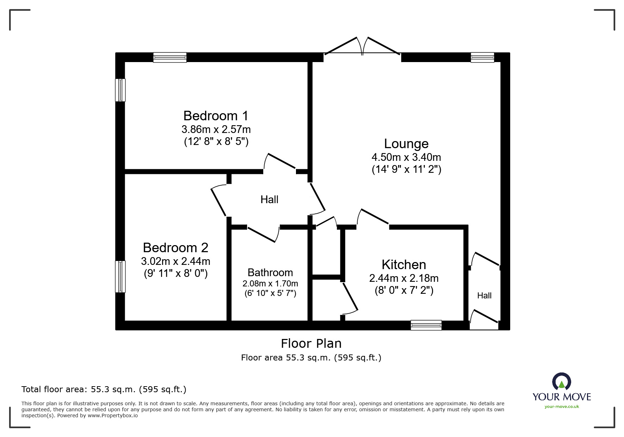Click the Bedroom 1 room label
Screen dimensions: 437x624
(216, 116)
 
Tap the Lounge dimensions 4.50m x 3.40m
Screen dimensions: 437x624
(406, 157)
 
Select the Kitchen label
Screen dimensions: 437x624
(404, 265)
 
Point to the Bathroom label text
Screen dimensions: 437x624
(270, 272)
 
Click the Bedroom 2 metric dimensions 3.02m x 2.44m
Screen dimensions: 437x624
(175, 261)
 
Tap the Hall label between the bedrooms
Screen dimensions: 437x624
(269, 200)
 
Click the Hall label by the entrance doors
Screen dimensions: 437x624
(484, 296)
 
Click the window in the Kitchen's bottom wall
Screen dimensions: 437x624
(426, 325)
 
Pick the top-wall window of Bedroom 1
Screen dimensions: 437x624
(170, 57)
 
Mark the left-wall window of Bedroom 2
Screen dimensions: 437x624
(121, 277)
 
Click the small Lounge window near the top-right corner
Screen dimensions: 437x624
(482, 57)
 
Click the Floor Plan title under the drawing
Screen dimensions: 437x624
(311, 343)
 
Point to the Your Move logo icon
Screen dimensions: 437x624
(561, 382)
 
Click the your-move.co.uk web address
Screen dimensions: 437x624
(562, 407)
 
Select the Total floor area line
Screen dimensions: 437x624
(104, 389)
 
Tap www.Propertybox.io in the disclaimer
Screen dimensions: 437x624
(112, 415)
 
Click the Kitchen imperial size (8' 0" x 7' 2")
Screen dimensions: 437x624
(404, 290)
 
